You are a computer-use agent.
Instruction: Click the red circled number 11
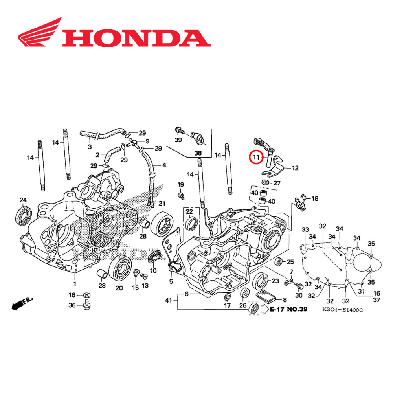(257, 158)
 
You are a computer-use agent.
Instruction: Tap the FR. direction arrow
(22, 304)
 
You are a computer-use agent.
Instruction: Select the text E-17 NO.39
(289, 309)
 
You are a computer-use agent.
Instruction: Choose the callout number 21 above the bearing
(162, 203)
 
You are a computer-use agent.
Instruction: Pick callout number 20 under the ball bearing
(119, 288)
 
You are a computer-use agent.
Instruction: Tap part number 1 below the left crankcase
(74, 283)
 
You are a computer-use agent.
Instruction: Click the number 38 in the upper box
(197, 153)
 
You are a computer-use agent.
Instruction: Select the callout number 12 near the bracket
(295, 168)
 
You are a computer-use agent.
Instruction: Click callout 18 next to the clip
(315, 199)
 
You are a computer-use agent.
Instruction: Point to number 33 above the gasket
(305, 230)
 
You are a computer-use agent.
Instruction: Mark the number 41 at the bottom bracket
(168, 301)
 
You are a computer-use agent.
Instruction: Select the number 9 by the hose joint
(147, 141)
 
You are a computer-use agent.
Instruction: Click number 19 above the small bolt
(180, 185)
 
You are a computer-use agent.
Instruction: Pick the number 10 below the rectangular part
(153, 271)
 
